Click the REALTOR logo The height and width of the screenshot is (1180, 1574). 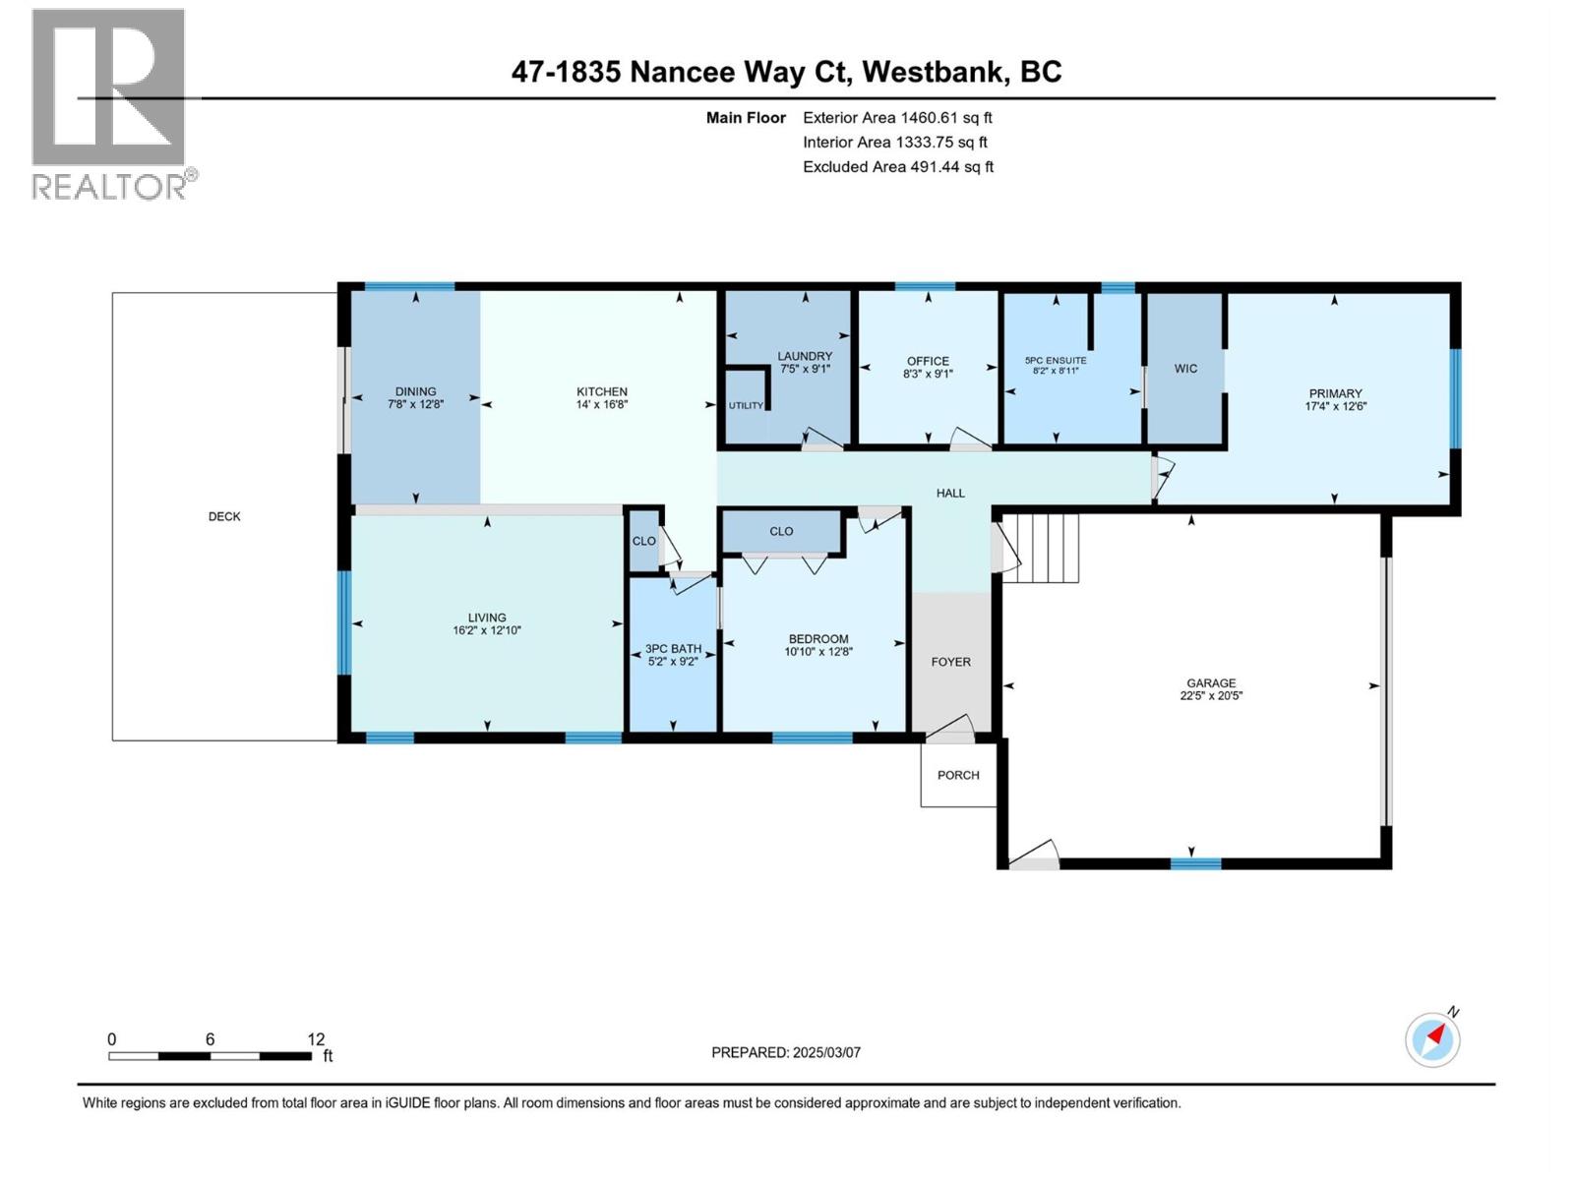point(114,104)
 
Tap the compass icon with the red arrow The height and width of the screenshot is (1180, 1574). point(1432,1039)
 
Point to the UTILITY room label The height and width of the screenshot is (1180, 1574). point(746,405)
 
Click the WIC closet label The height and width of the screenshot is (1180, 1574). point(1185,368)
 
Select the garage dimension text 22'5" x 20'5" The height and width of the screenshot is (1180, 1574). point(1211,695)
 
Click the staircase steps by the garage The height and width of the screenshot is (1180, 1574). point(1041,548)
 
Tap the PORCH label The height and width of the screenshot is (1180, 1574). point(958,775)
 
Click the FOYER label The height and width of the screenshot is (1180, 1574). point(951,662)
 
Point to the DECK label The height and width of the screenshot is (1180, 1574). point(224,516)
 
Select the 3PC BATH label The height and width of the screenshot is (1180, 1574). point(673,649)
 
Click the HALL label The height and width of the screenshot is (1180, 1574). point(950,493)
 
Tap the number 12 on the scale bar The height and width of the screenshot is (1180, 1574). point(316,1038)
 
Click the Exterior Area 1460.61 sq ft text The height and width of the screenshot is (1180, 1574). point(897,117)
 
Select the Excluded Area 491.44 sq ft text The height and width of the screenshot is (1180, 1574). point(898,167)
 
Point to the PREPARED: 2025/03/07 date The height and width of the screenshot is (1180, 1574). point(786,1052)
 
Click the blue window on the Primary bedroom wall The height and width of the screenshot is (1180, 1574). point(1455,398)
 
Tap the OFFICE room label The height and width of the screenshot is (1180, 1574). point(928,361)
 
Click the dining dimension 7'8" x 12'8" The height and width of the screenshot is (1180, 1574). point(416,404)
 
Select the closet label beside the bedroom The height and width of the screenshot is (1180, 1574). point(781,531)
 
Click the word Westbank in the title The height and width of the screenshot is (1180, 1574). point(933,72)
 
